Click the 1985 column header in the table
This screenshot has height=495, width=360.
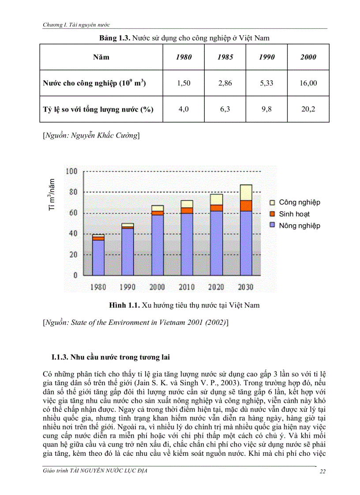pos(225,57)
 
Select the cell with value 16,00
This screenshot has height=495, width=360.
pos(308,83)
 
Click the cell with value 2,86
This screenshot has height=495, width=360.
pos(225,83)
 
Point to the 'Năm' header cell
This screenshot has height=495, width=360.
pos(101,57)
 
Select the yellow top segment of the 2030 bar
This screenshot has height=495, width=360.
pos(246,192)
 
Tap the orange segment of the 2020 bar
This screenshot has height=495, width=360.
pos(216,208)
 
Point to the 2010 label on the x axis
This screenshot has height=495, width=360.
pos(187,287)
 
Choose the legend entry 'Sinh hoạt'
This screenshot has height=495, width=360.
pos(294,214)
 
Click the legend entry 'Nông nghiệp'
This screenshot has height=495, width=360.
pos(299,226)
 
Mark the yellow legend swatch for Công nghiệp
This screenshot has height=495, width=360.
pos(272,203)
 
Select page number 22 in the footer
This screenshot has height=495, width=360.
pos(322,472)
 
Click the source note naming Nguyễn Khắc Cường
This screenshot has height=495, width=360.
pos(91,136)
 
